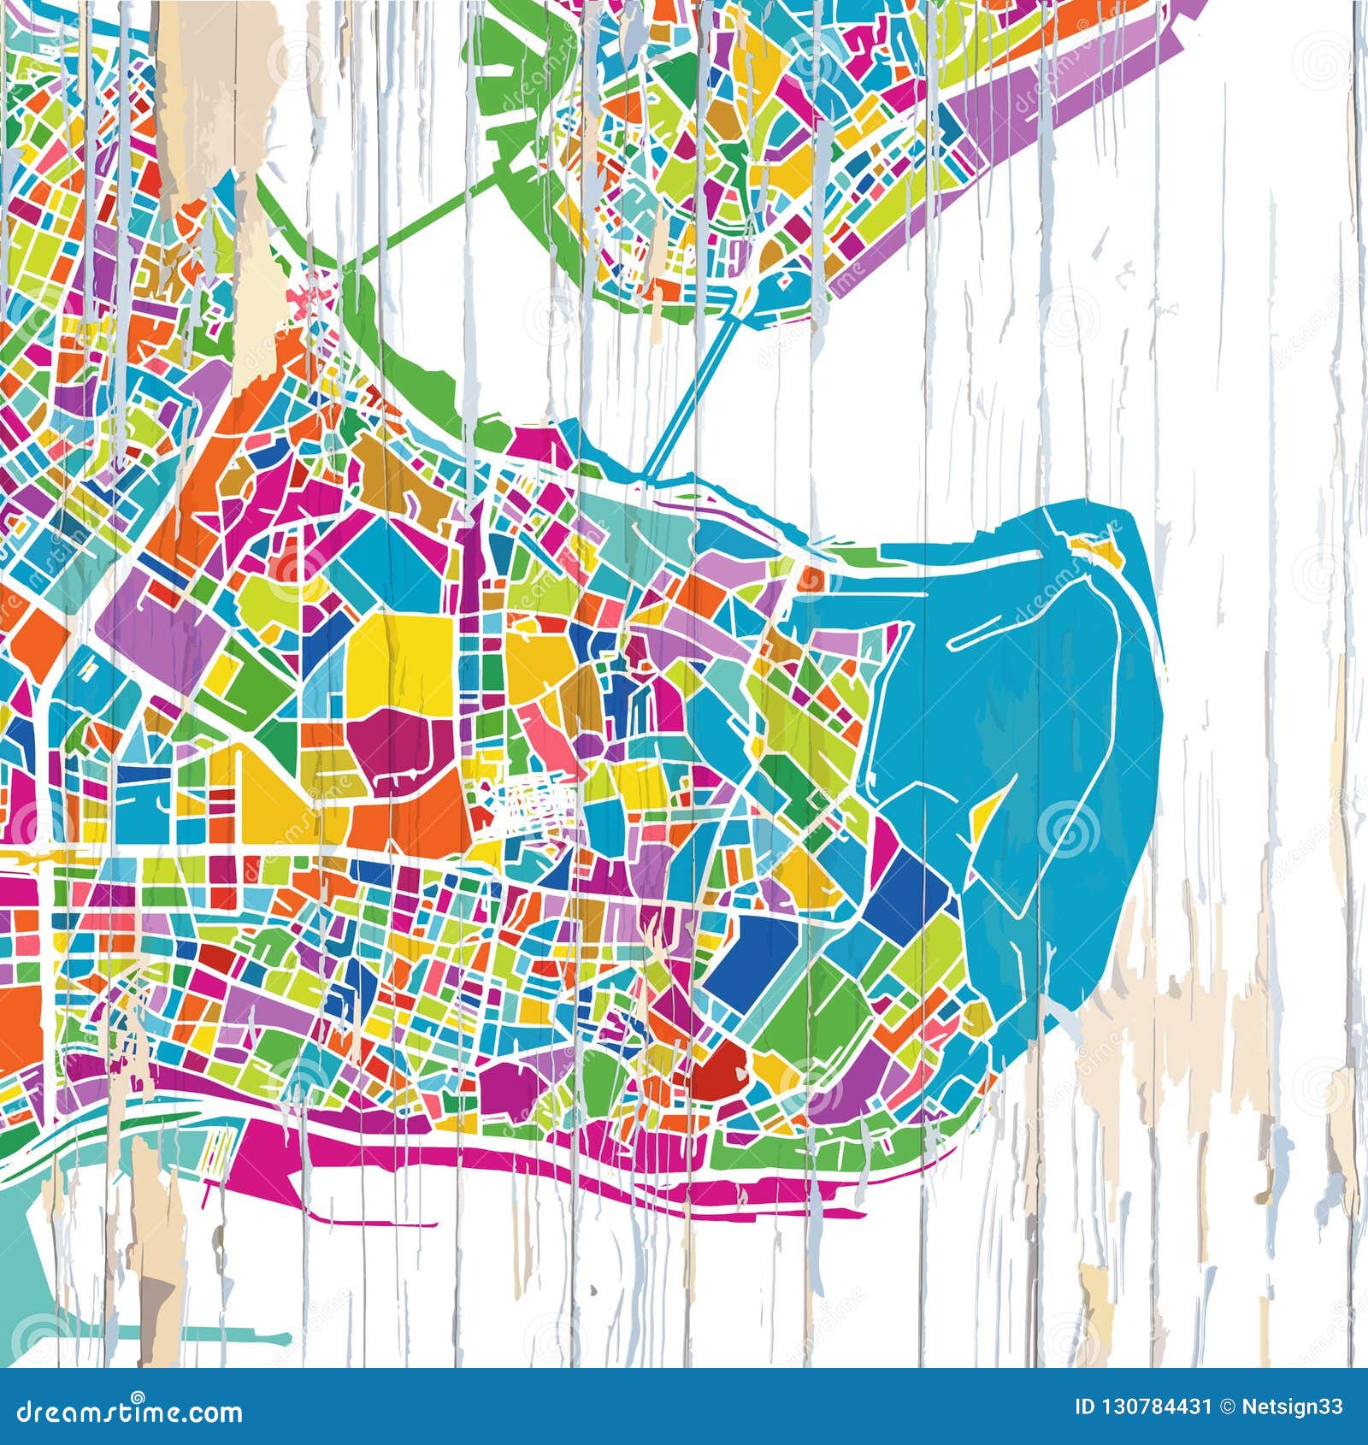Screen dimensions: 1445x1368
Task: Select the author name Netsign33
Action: tap(1296, 1407)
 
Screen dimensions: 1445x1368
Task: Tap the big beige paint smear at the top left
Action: tap(214, 94)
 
